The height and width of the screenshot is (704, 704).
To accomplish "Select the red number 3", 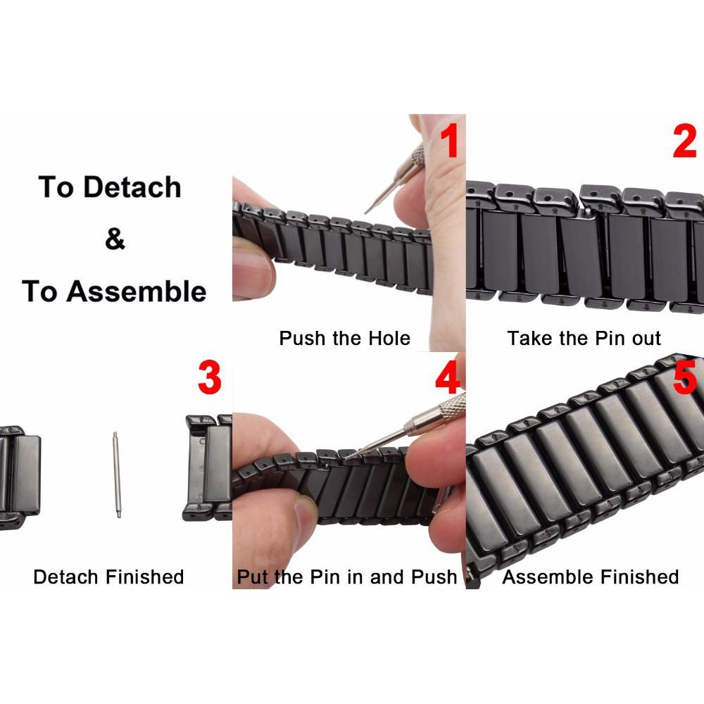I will (x=209, y=378).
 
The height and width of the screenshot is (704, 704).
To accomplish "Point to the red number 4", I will (x=448, y=378).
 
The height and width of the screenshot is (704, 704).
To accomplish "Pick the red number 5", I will (x=684, y=378).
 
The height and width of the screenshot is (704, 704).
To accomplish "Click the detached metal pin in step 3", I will (x=116, y=474).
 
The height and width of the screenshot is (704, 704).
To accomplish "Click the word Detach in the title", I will (x=132, y=187).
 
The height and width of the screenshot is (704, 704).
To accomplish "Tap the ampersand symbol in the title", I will (x=115, y=239).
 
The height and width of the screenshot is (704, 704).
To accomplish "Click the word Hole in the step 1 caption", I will (x=389, y=339).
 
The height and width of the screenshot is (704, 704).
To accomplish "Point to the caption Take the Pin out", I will (x=584, y=339).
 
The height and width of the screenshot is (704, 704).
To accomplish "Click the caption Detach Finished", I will (x=108, y=577).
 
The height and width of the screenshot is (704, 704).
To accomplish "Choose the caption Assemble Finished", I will (x=590, y=577).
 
